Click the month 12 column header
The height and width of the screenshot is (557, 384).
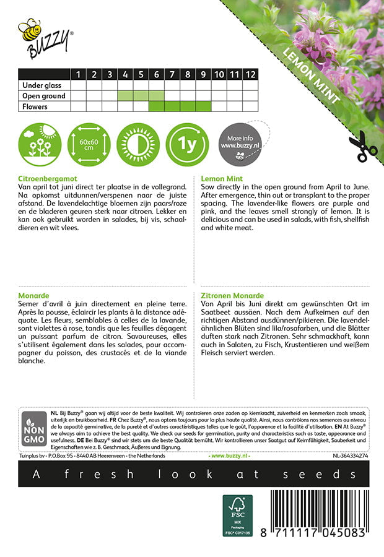click(250, 75)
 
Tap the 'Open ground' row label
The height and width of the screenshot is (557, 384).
click(43, 96)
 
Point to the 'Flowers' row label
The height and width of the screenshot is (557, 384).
click(35, 106)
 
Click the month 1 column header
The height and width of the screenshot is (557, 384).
click(79, 75)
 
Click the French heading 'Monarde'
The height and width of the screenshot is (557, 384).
click(34, 297)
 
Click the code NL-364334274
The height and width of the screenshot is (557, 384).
click(350, 456)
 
